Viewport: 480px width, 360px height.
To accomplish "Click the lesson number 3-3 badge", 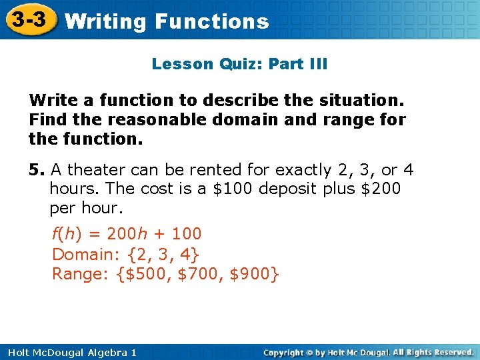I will click(28, 19).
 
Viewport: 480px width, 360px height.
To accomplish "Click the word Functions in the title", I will click(211, 21).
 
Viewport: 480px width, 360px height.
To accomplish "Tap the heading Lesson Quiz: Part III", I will click(239, 64).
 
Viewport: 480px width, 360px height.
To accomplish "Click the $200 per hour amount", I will click(381, 189).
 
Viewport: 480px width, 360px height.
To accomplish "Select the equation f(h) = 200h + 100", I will click(127, 234).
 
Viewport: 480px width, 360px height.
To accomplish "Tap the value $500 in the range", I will click(147, 274).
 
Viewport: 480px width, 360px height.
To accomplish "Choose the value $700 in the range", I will click(199, 274).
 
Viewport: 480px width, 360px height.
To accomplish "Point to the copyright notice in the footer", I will click(369, 352).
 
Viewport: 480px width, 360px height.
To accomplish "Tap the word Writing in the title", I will click(106, 21).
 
